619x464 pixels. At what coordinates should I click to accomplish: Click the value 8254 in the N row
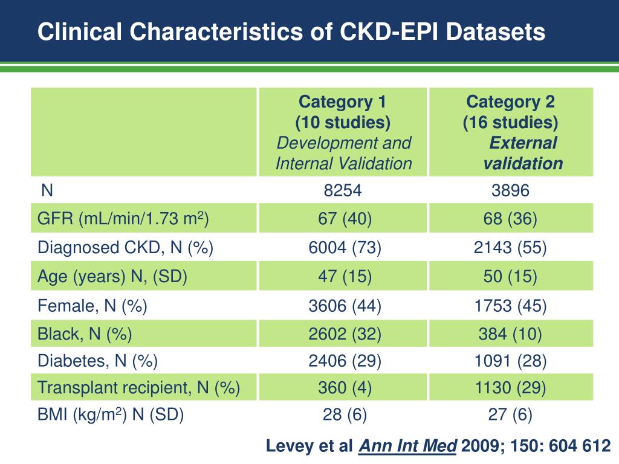pos(343,191)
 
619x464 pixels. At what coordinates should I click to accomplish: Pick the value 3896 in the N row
pos(510,191)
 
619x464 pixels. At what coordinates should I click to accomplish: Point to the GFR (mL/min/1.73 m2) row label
pos(123,219)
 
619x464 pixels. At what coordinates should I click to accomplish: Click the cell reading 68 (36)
pos(510,219)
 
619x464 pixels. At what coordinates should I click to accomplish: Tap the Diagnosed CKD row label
pos(125,248)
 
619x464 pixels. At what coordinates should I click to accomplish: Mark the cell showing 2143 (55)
pos(510,248)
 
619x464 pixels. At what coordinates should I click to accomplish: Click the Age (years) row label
pos(112,277)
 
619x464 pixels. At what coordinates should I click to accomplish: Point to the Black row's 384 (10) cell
pos(510,333)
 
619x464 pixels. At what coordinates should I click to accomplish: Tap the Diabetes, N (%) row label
pos(97,361)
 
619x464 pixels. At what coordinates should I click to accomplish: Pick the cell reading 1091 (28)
pos(510,361)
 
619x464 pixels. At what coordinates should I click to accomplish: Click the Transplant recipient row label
pos(138,388)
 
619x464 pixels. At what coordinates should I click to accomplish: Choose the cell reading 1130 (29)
pos(510,388)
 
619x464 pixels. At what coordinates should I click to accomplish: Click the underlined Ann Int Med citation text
pos(408,446)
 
